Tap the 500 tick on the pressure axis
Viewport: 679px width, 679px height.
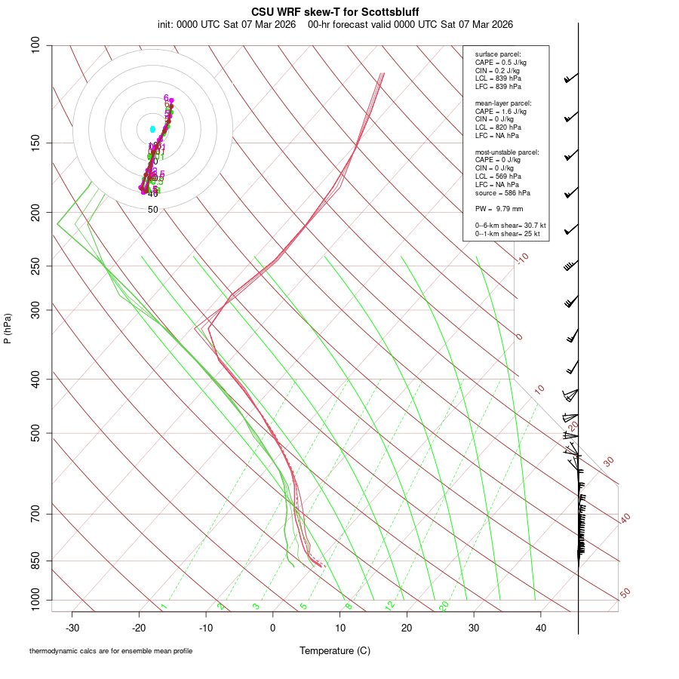36,433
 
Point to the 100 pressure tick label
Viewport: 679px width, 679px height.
36,45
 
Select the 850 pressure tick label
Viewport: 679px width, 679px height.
36,561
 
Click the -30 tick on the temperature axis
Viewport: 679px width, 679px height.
72,628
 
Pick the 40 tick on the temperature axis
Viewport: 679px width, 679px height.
540,628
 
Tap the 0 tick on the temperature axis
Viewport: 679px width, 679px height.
273,628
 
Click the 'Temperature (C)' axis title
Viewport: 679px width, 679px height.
335,650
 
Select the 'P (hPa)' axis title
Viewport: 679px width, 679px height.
8,328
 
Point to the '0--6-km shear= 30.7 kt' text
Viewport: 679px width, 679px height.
510,226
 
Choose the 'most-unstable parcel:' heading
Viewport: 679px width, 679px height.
507,152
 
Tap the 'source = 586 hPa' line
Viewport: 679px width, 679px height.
501,192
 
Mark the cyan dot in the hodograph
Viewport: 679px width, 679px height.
152,129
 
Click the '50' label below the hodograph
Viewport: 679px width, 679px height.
152,210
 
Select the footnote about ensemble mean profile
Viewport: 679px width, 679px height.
111,650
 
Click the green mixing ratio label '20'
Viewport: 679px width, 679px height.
444,606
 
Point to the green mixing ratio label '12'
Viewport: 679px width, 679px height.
390,606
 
